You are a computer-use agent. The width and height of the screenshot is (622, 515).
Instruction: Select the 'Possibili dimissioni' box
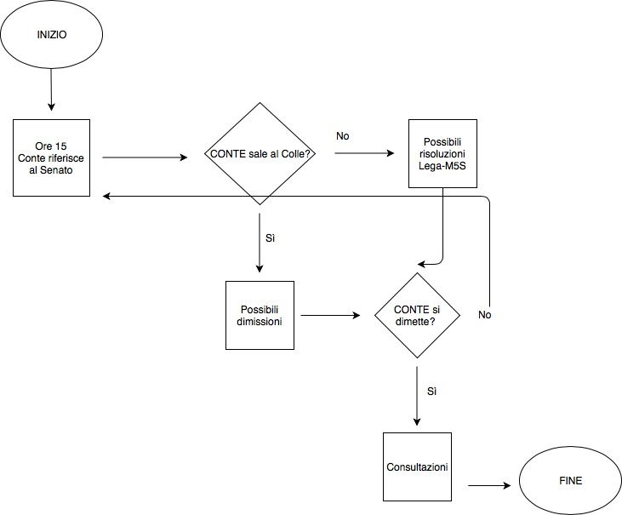[260, 315]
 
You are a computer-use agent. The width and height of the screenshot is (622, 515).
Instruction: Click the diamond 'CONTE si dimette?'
[417, 315]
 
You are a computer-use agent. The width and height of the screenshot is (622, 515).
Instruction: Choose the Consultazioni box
[417, 467]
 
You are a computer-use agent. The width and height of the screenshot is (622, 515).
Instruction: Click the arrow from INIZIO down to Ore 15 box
[51, 89]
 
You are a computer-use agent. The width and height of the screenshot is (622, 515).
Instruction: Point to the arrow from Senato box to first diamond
[145, 157]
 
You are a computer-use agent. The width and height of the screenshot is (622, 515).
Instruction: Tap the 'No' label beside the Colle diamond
[342, 135]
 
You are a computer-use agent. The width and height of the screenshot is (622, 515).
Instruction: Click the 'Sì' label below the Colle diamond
[271, 237]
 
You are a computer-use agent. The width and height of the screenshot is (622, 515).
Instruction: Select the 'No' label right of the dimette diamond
[485, 315]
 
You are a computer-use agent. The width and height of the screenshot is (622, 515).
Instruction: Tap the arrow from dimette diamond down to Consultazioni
[417, 396]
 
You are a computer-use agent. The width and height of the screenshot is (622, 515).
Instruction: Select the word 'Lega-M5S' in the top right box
[442, 164]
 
